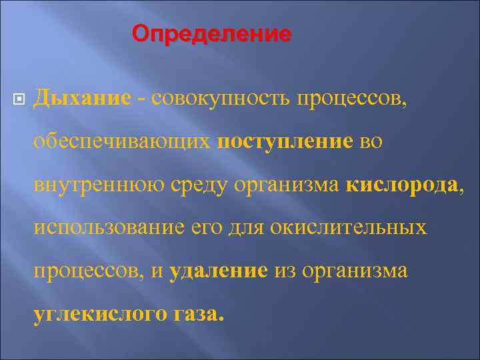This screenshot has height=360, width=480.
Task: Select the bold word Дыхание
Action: pos(82,98)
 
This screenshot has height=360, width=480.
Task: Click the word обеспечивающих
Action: pos(122,141)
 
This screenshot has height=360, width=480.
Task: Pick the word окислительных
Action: pos(349,228)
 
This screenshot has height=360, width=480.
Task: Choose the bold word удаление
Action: pos(219,271)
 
